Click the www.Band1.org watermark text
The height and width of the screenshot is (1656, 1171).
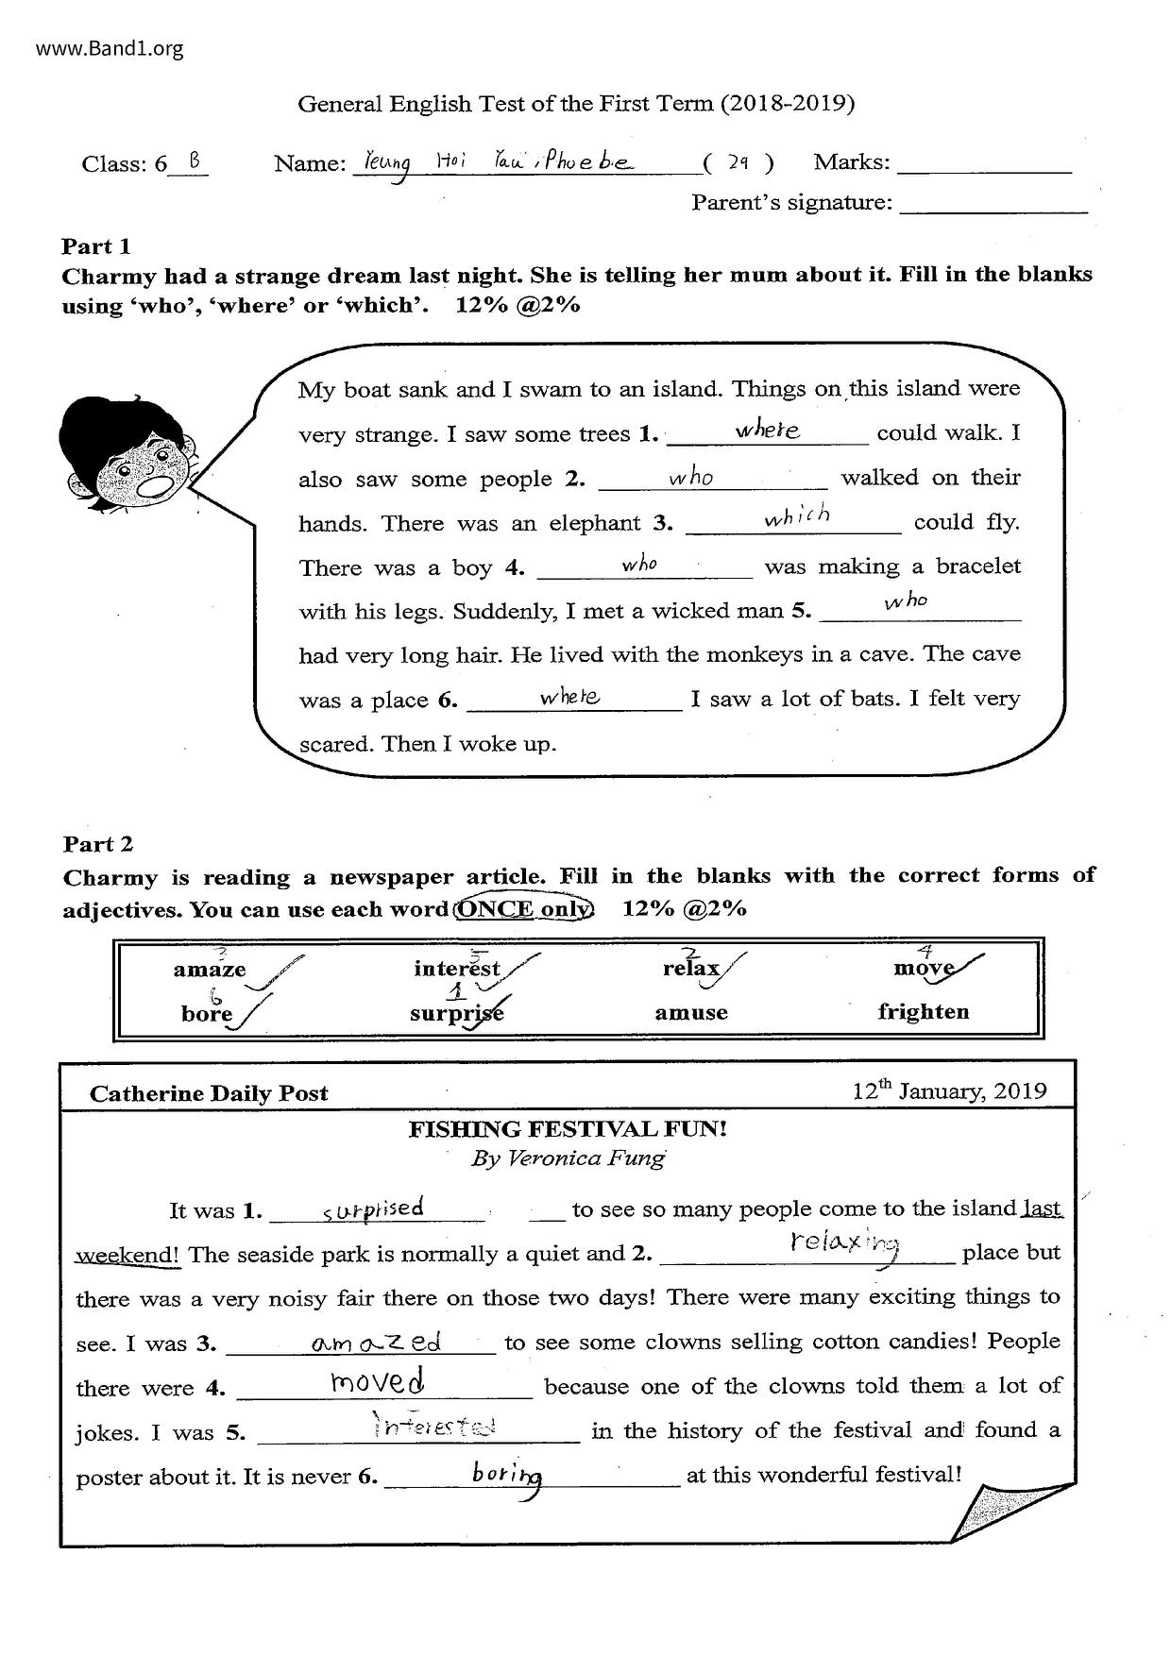[110, 48]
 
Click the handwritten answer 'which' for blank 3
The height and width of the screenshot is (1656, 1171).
[798, 516]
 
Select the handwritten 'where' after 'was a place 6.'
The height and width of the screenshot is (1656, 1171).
[570, 697]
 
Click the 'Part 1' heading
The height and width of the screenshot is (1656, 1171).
[96, 246]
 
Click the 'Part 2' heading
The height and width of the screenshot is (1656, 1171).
[98, 844]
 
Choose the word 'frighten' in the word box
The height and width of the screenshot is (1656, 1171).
[923, 1012]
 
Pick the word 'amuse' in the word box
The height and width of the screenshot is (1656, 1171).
[691, 1013]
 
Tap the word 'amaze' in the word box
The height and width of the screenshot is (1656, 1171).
[210, 970]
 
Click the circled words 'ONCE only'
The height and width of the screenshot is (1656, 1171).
[524, 909]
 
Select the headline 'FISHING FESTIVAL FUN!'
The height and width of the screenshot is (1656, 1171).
[568, 1129]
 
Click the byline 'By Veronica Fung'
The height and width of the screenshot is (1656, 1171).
[568, 1158]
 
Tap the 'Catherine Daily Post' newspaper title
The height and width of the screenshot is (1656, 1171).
[209, 1093]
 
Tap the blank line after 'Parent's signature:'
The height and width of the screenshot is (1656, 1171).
[993, 204]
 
